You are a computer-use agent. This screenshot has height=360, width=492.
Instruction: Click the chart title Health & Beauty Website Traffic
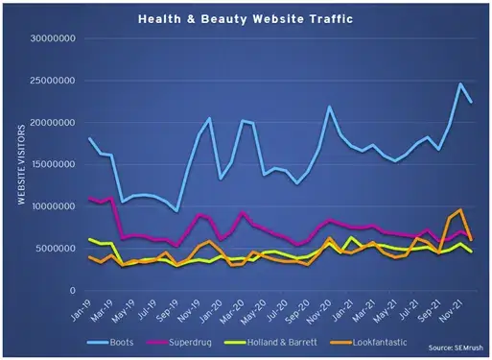point(246,18)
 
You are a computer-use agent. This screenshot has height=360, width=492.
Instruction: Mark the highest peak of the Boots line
point(460,84)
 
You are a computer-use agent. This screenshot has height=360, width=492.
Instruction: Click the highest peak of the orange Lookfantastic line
point(460,209)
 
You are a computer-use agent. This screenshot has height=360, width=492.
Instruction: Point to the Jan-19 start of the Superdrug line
point(89,199)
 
